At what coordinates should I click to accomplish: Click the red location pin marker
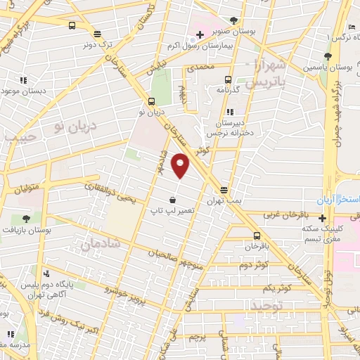[181, 165]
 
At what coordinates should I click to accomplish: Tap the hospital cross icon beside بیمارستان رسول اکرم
[200, 34]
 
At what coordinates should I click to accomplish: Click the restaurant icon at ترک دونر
[96, 33]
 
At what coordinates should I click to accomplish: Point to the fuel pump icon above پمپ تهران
[224, 191]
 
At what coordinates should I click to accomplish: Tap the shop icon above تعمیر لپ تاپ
[172, 200]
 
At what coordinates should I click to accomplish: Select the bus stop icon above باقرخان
[256, 236]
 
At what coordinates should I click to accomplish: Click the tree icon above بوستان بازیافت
[25, 219]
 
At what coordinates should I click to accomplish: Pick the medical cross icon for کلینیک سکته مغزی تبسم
[322, 217]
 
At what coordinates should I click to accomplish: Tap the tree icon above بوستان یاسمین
[326, 57]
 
